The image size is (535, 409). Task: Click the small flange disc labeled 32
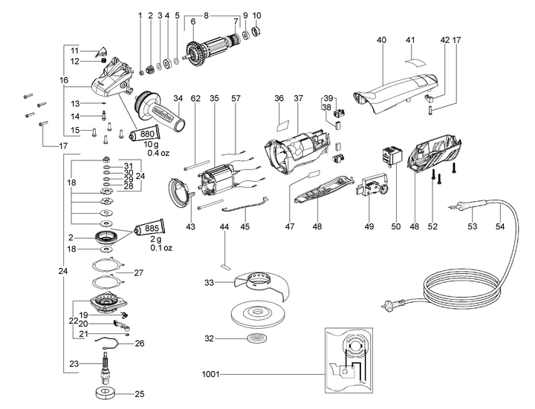coord(259,338)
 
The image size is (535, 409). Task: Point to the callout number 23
coord(74,364)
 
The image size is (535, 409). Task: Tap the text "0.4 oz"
coord(159,153)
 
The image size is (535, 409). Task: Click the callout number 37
coord(299,97)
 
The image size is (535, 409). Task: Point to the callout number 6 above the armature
coord(192,22)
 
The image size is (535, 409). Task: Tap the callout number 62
coord(196,97)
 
